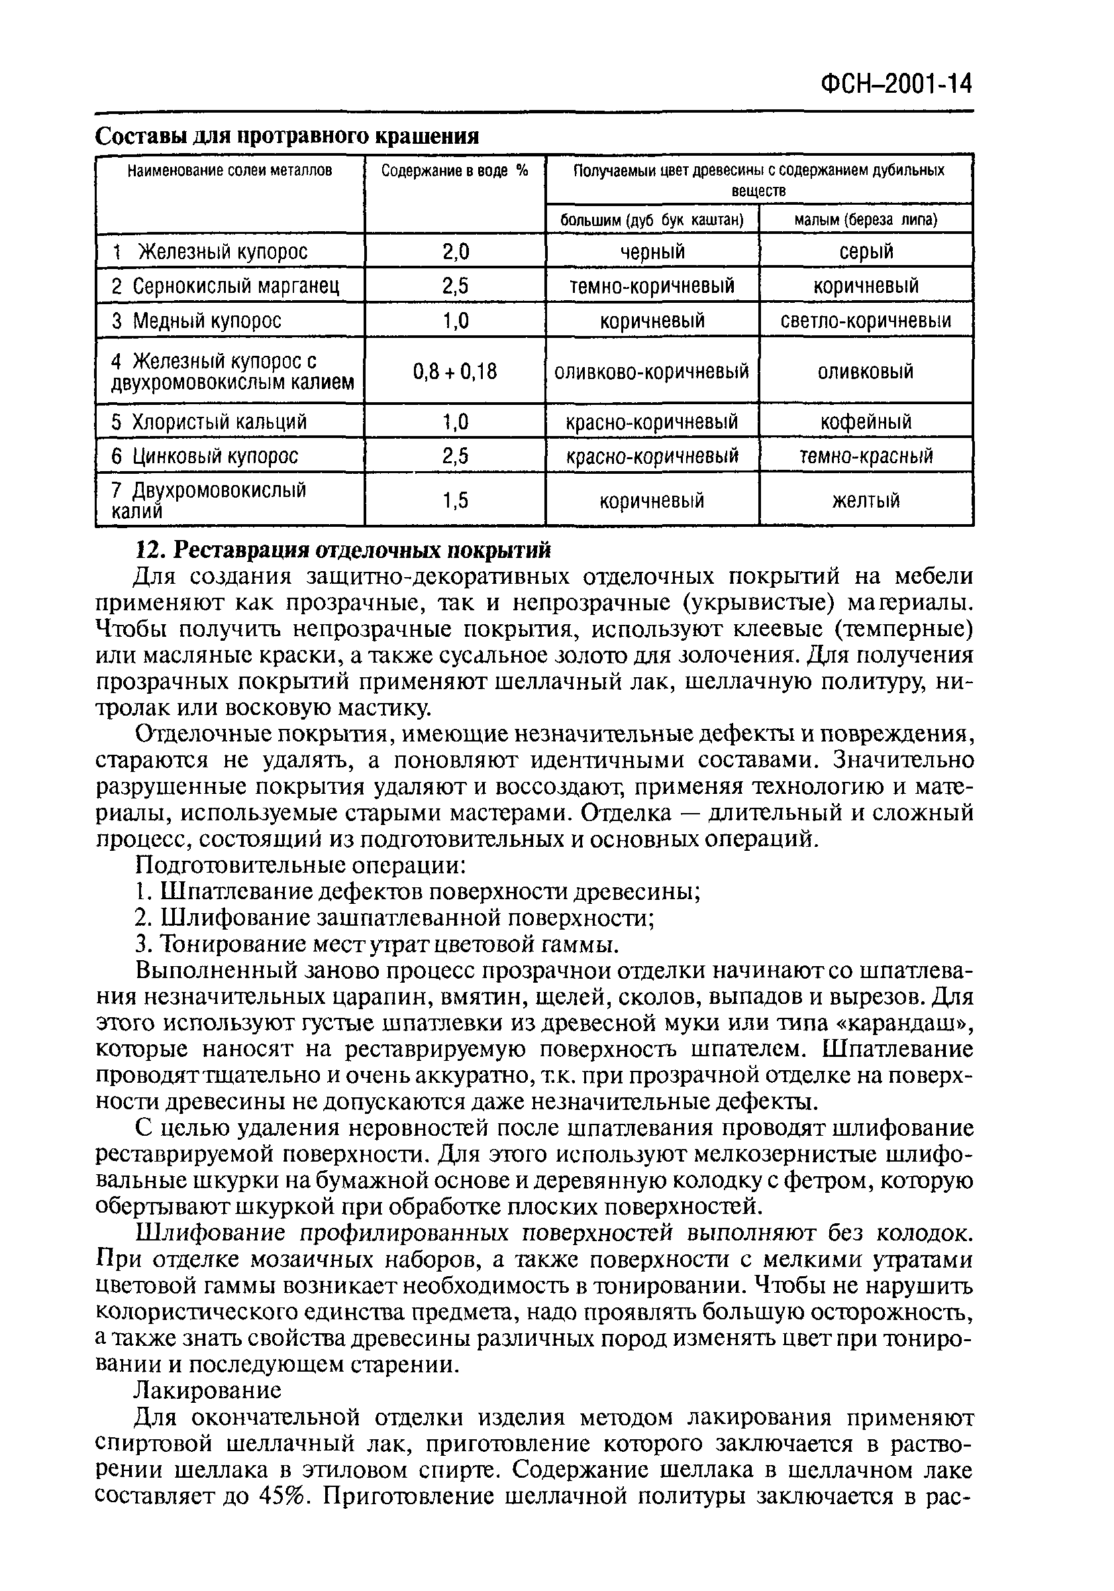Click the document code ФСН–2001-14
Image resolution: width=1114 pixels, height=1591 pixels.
(x=897, y=85)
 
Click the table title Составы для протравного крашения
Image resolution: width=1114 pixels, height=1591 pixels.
(x=287, y=137)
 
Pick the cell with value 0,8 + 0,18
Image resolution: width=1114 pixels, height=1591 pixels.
(x=454, y=372)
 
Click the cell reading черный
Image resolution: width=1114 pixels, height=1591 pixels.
(x=652, y=252)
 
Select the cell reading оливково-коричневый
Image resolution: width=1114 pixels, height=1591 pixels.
(x=651, y=372)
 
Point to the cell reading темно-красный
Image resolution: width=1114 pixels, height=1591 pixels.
(x=866, y=456)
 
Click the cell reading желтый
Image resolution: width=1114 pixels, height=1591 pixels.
(x=866, y=500)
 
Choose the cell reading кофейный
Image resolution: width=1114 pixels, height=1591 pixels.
(x=866, y=422)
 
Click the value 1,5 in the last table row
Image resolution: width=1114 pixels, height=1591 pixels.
(x=454, y=500)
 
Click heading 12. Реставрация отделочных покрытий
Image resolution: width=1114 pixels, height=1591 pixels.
(x=343, y=549)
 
